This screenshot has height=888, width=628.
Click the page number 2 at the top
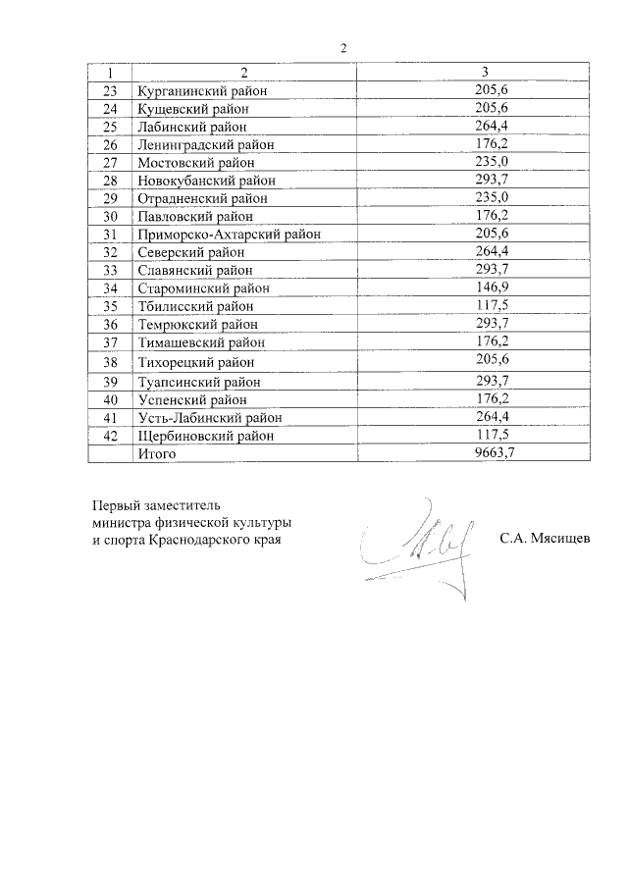[x=343, y=47]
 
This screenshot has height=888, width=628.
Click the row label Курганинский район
[x=202, y=91]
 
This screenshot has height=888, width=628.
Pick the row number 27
[x=109, y=162]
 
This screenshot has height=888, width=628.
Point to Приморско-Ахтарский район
[x=230, y=234]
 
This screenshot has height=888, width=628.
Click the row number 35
[x=109, y=306]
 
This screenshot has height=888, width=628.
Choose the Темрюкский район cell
[x=197, y=324]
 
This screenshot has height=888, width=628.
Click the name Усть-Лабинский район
[x=209, y=417]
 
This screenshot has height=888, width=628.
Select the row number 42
[x=109, y=435]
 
